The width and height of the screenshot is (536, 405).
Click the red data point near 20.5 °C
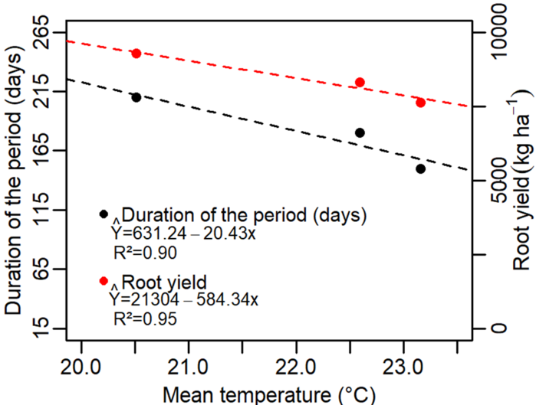click(136, 54)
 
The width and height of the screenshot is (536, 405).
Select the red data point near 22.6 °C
click(360, 83)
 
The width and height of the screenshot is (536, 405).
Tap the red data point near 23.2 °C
click(420, 103)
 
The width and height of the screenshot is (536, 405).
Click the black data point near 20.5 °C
click(136, 97)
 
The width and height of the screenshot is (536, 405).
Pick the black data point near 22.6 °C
click(360, 132)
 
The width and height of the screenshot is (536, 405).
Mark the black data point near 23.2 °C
click(420, 168)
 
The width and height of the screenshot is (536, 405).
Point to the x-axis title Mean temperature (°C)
click(268, 394)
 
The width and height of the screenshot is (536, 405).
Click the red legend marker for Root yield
click(104, 281)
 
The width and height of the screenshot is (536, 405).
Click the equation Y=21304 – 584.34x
click(184, 299)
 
